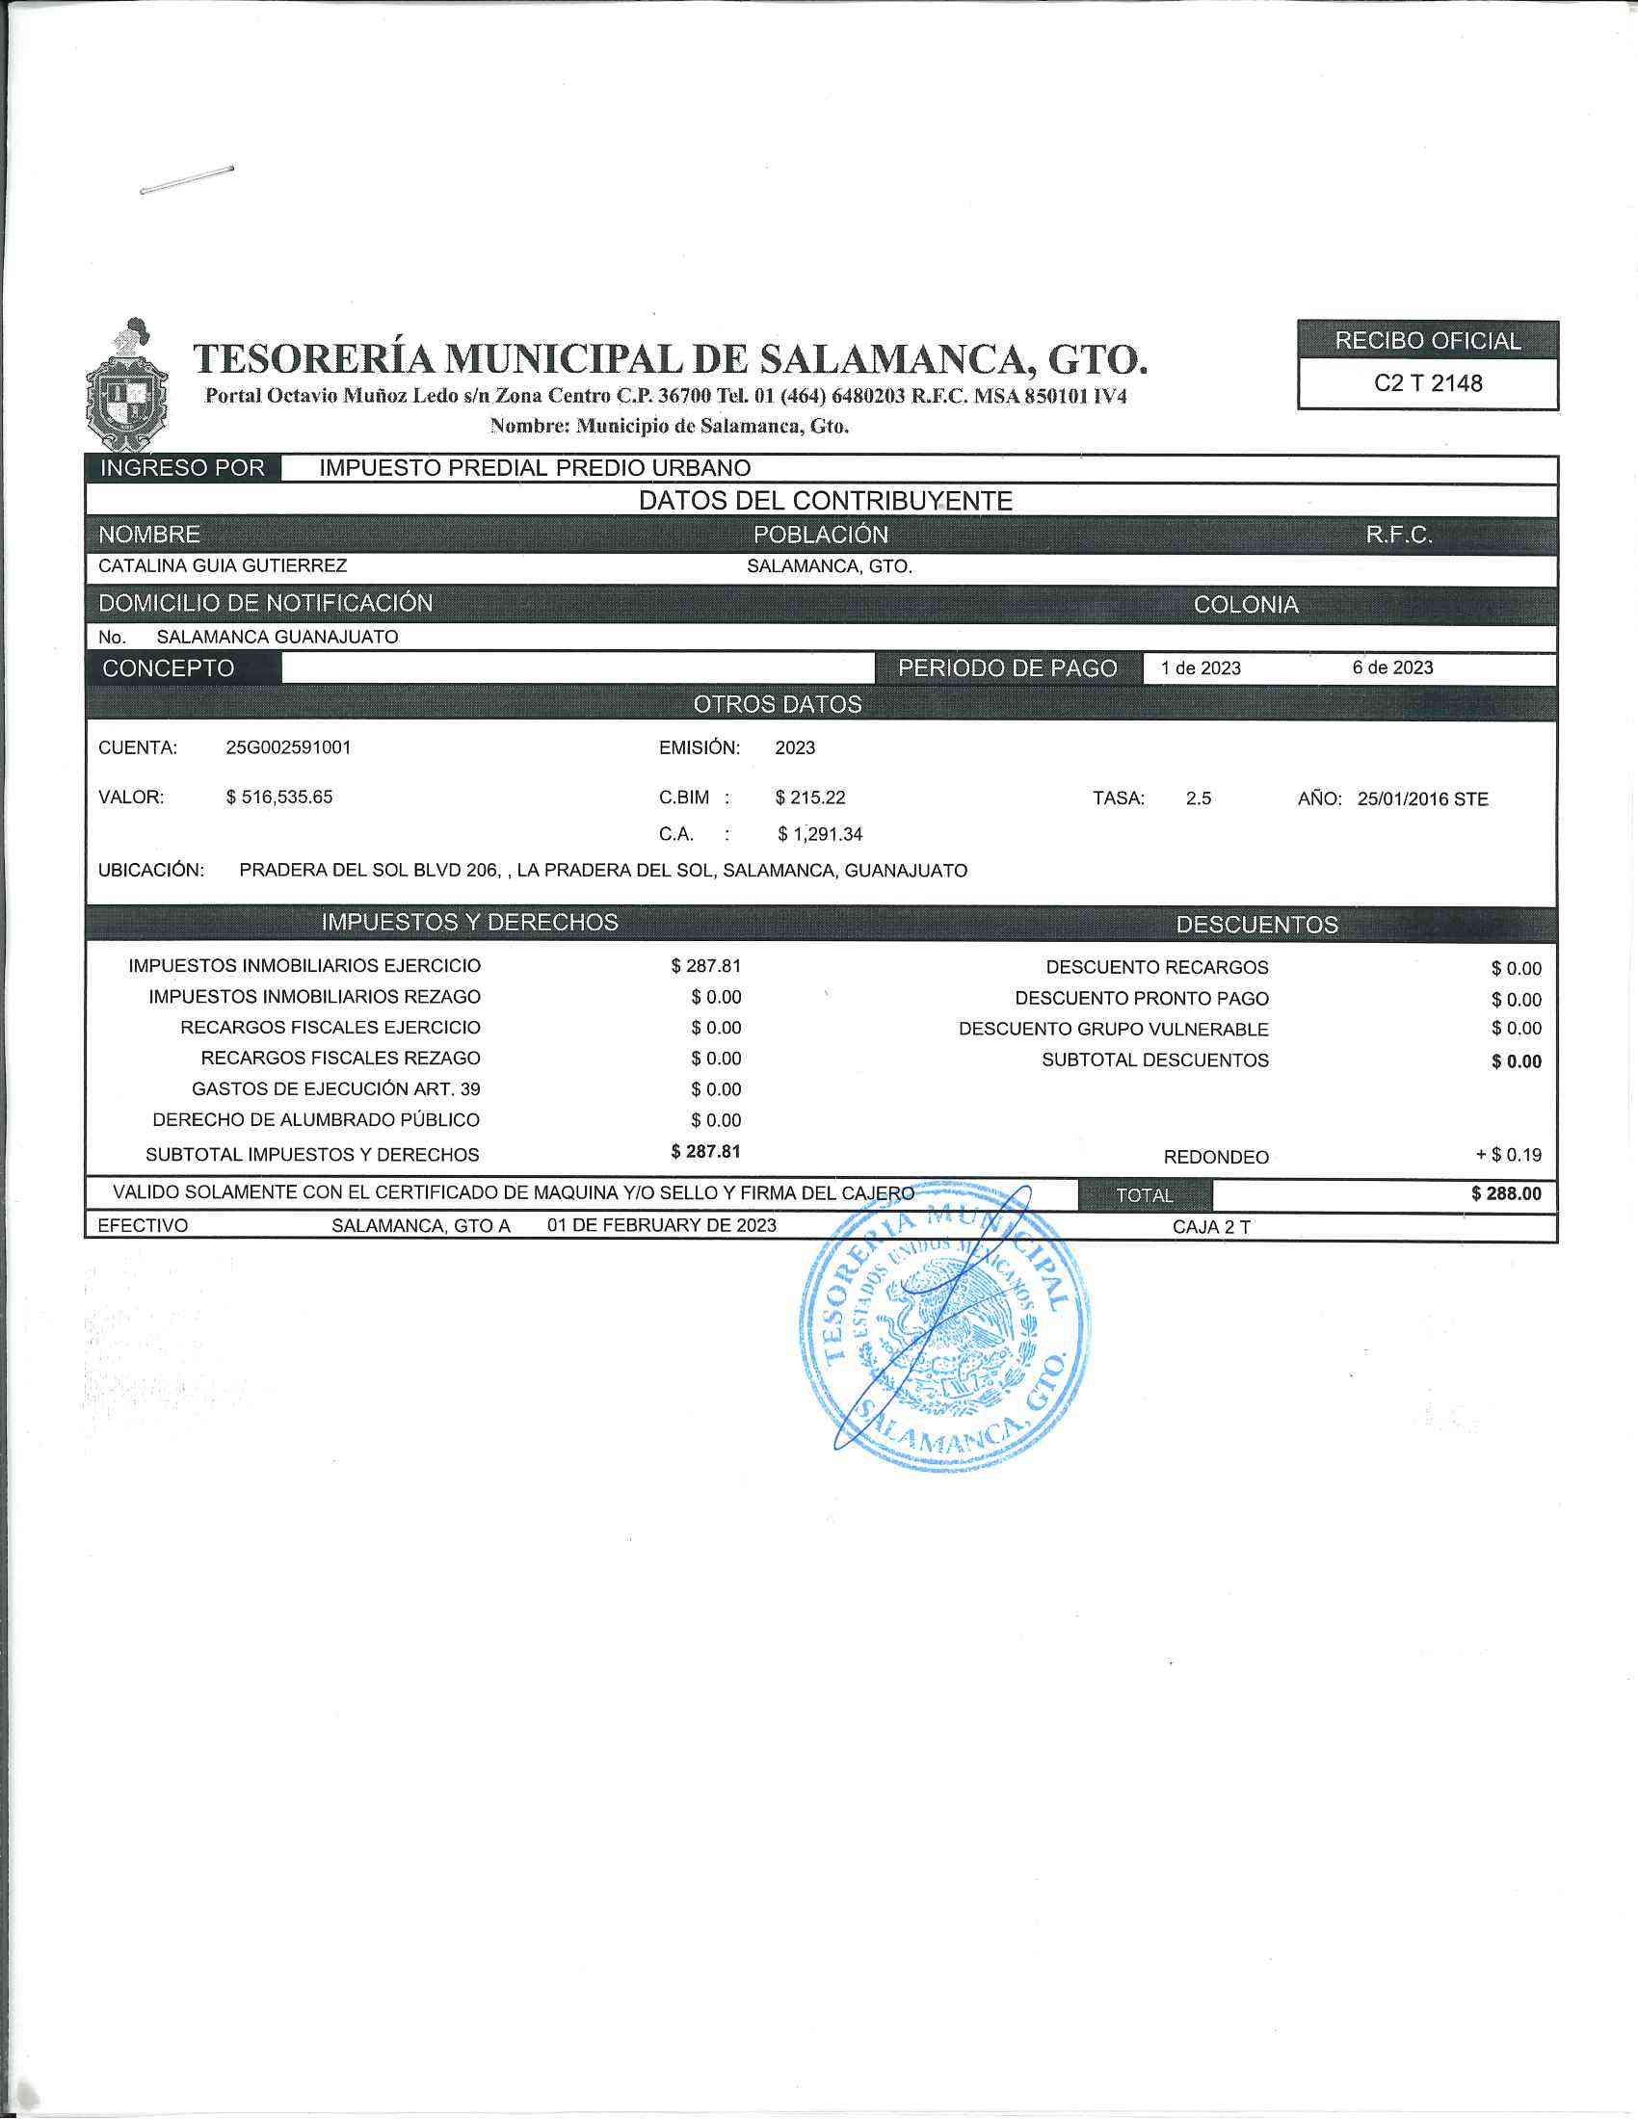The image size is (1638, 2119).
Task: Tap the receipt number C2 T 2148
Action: pos(1427,383)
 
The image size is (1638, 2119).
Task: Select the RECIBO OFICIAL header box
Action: pos(1427,341)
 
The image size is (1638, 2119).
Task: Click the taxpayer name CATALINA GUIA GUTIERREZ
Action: pos(223,565)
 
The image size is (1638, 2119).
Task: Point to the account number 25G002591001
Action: pos(288,748)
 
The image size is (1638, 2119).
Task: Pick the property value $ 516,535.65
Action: pos(279,798)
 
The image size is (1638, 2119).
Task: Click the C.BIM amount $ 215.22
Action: pos(810,798)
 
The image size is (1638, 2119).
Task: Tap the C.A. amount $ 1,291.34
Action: pos(820,834)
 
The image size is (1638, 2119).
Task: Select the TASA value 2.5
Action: pos(1199,798)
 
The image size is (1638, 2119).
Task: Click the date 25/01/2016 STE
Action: pos(1422,799)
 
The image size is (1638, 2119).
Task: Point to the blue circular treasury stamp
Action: pos(944,1326)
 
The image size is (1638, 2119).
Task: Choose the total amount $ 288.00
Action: pos(1506,1193)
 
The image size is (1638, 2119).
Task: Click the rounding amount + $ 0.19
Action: pos(1508,1155)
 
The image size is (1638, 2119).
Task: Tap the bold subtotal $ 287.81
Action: pos(705,1152)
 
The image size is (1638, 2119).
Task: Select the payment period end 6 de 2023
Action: pos(1392,667)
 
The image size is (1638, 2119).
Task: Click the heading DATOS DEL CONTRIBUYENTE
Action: pos(825,501)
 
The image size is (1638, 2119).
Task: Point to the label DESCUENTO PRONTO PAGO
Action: pos(1141,999)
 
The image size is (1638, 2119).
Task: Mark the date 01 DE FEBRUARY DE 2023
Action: pos(662,1225)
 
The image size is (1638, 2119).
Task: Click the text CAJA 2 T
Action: pos(1211,1227)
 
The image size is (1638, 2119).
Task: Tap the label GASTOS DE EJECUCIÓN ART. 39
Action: pos(335,1089)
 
